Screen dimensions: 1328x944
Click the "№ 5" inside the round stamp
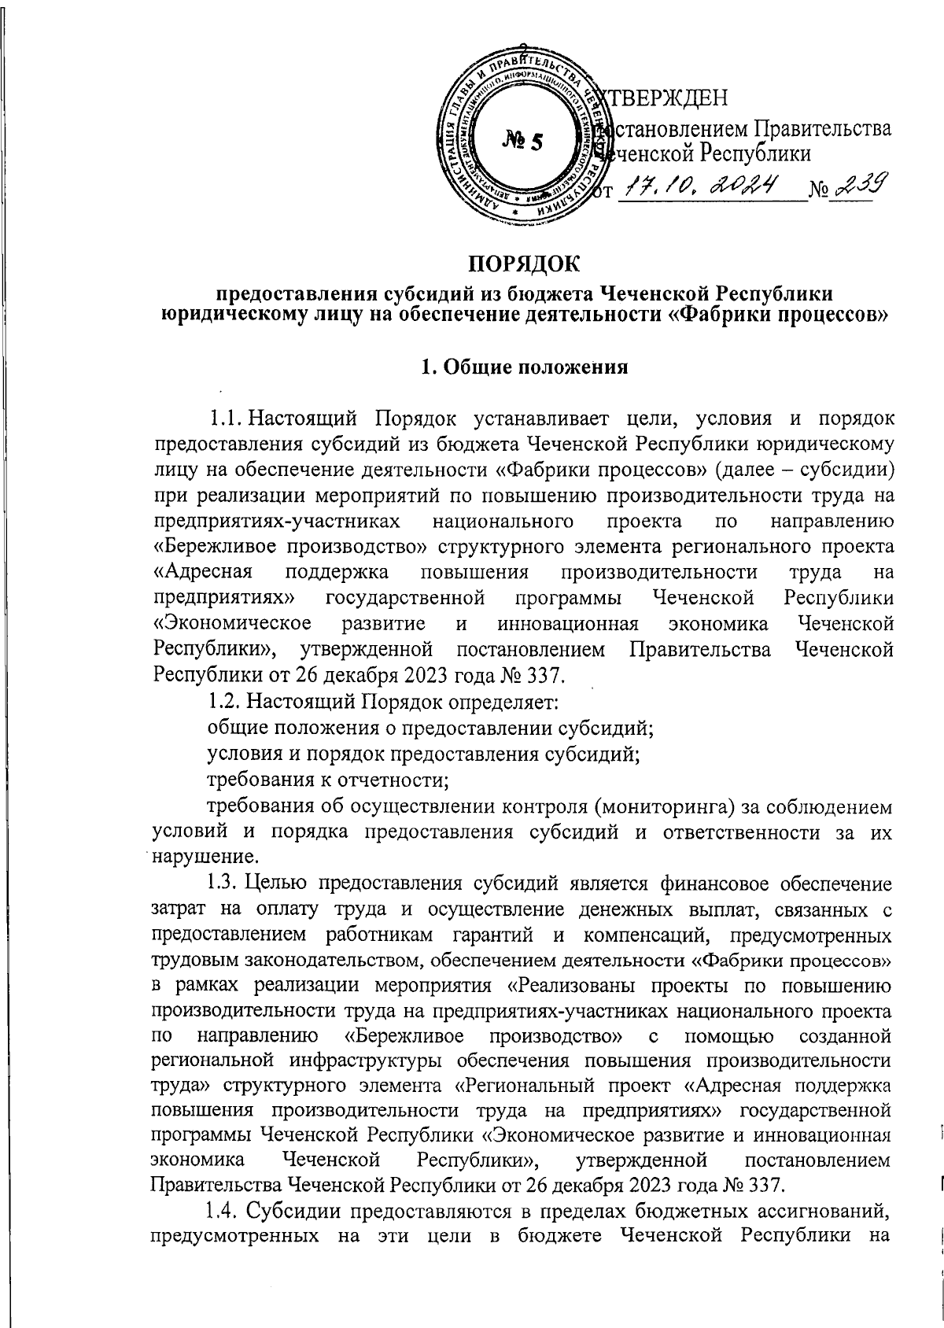(522, 142)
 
